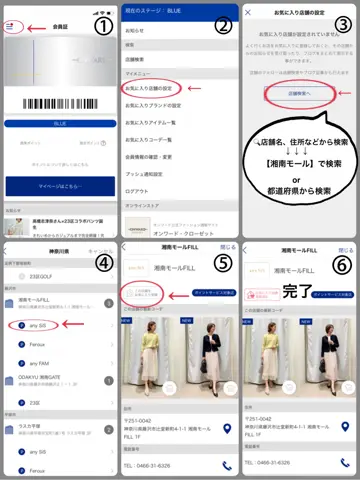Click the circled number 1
coord(103,27)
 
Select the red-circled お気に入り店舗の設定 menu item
coord(152,89)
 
